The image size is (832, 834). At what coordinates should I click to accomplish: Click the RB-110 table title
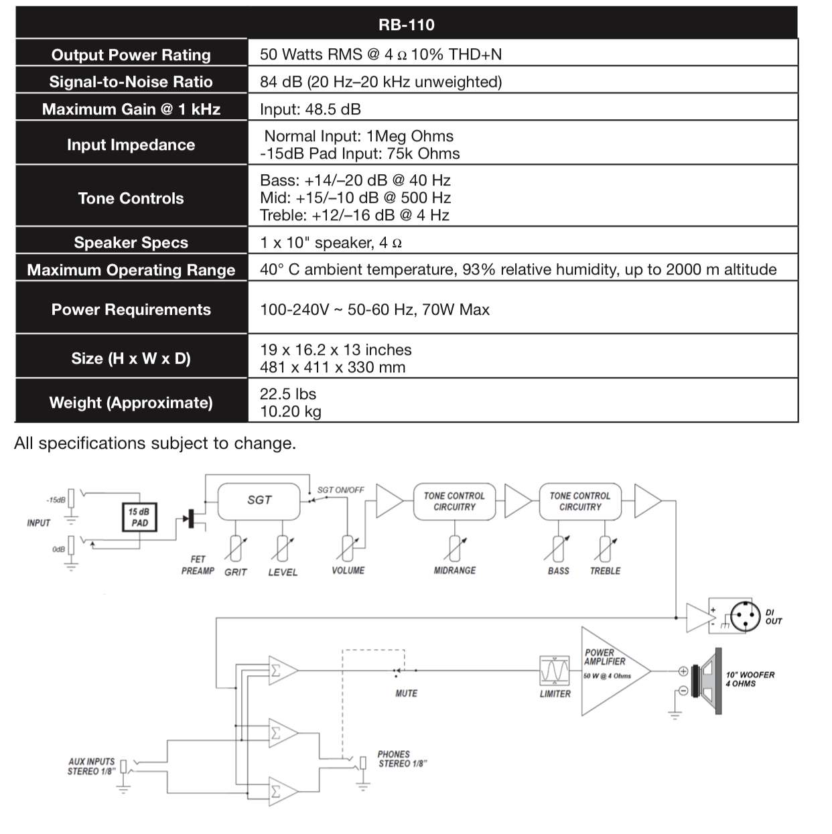[x=406, y=25]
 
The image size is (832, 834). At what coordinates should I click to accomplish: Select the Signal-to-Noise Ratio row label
[x=131, y=82]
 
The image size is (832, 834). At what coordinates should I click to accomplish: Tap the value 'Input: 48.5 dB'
[x=310, y=109]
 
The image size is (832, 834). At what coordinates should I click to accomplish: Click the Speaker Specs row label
[x=131, y=242]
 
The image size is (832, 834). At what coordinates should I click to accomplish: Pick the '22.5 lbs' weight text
[x=288, y=394]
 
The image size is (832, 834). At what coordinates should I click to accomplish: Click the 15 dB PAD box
[x=139, y=516]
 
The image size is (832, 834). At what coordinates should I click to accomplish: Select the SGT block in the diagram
[x=259, y=501]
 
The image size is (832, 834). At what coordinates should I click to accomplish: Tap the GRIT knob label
[x=236, y=572]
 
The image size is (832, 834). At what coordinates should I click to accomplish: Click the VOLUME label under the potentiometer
[x=348, y=571]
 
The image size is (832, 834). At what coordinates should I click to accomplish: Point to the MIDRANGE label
[x=455, y=571]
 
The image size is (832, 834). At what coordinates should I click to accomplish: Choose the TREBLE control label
[x=605, y=571]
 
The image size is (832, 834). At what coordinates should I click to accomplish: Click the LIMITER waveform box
[x=555, y=671]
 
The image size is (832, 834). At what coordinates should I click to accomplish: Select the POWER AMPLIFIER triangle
[x=616, y=671]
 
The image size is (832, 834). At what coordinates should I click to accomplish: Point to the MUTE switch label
[x=406, y=693]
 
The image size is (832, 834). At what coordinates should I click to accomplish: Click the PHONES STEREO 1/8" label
[x=402, y=759]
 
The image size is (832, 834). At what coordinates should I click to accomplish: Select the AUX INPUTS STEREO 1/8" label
[x=91, y=766]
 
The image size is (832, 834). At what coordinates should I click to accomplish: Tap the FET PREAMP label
[x=198, y=565]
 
